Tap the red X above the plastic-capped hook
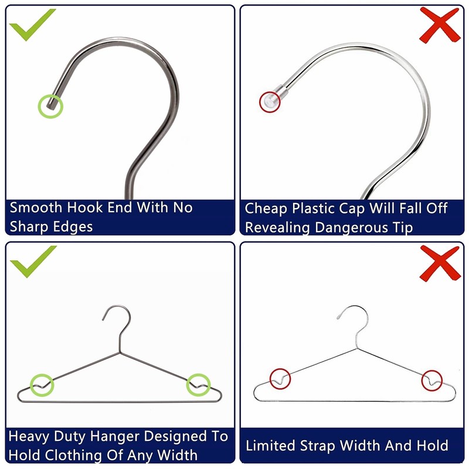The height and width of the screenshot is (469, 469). coord(440,25)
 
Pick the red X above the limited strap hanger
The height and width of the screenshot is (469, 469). coord(440,263)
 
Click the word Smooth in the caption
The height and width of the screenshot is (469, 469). coord(36,208)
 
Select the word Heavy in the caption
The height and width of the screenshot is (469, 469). coord(29,437)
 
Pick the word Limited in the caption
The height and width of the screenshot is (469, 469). coord(271,446)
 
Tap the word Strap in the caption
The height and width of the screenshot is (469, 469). coord(317,446)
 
